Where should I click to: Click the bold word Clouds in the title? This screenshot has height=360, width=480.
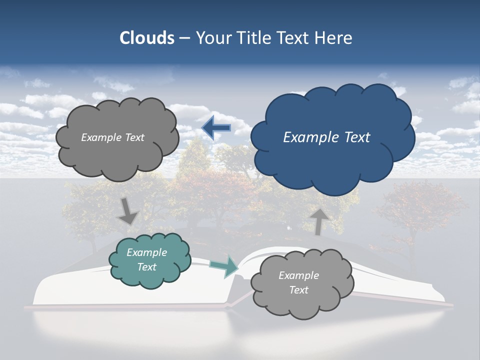[146, 38]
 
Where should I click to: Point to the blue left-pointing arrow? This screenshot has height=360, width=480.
[216, 128]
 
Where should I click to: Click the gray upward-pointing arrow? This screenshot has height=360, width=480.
[319, 221]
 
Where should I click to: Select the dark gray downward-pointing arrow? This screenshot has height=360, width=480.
[128, 211]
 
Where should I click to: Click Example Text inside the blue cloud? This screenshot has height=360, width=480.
[326, 137]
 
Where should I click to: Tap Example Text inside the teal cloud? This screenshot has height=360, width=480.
[146, 260]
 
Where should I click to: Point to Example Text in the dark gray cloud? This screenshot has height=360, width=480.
[112, 137]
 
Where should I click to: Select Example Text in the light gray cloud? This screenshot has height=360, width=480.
[298, 282]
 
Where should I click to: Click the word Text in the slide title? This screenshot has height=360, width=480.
[294, 38]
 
